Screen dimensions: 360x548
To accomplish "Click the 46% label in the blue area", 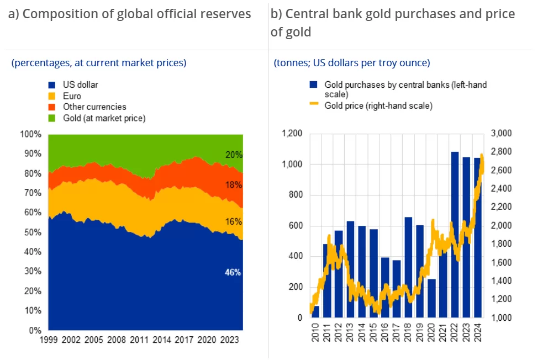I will (233, 272).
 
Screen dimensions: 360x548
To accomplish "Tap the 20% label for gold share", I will (234, 155).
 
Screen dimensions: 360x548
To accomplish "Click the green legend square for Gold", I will (52, 118).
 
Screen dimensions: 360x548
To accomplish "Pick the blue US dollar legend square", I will (52, 85).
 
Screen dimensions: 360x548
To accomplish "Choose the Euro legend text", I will (72, 96).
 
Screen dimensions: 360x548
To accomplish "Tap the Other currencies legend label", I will (94, 107).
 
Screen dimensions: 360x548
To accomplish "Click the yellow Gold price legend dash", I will (314, 105).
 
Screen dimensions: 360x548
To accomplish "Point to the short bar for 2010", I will (316, 311).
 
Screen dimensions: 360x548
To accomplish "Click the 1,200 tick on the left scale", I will (292, 134).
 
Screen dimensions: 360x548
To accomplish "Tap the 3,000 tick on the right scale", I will (502, 134).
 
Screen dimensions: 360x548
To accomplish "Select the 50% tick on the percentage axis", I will (30, 232).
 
